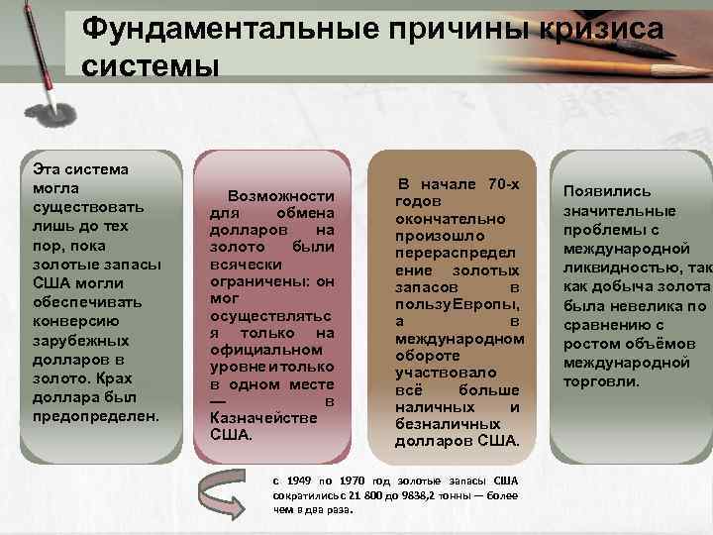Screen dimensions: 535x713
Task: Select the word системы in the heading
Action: [149, 66]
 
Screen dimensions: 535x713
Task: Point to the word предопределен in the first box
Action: [95, 416]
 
